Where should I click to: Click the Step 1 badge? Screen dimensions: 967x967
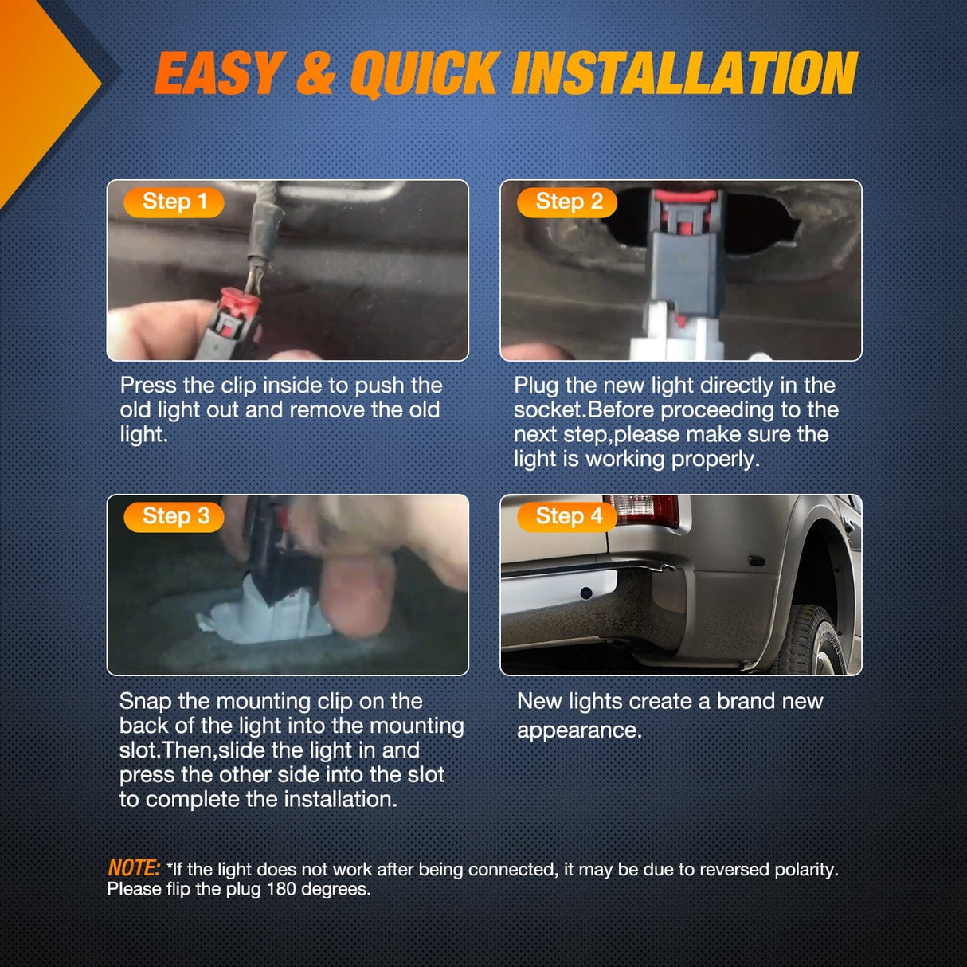point(174,202)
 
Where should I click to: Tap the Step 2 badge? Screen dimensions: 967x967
point(567,202)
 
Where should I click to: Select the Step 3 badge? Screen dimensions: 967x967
point(174,517)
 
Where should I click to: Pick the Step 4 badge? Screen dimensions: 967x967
point(567,517)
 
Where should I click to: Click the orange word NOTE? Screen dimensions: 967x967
point(134,867)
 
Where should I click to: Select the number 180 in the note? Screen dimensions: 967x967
point(281,889)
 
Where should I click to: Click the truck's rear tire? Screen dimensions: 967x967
point(814,640)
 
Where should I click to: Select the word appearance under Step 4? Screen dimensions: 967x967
point(580,730)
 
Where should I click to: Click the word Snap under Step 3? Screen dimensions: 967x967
point(146,702)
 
